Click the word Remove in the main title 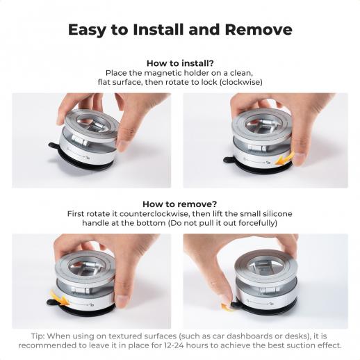[259, 30]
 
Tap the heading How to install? [180, 63]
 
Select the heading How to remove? [180, 204]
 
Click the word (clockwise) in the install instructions [240, 82]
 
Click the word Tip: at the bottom [38, 336]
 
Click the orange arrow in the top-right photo [284, 159]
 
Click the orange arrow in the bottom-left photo [59, 298]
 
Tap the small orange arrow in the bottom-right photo [226, 307]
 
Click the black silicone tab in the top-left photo [53, 146]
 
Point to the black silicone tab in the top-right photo [229, 160]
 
